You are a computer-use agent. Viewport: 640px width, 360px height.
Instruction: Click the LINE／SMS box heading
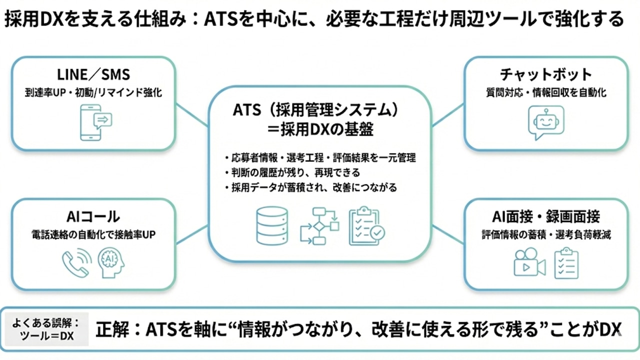pos(94,75)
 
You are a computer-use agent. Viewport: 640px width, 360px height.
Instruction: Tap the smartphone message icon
pos(96,122)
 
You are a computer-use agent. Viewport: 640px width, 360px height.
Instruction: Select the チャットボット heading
pos(545,75)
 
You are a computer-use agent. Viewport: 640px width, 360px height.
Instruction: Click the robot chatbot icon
pos(545,122)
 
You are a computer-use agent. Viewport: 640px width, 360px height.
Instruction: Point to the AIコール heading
pos(93,216)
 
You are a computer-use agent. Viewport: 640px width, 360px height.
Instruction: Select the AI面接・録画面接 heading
pos(545,216)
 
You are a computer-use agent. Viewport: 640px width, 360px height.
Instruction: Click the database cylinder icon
pos(271,225)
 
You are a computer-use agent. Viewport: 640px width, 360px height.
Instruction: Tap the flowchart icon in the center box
pos(319,226)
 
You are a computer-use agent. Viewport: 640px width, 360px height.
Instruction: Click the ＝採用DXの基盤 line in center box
pos(320,129)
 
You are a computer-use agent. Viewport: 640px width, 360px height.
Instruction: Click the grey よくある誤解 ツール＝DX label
pos(49,329)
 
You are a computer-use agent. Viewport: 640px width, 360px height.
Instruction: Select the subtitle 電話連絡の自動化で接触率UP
pos(93,234)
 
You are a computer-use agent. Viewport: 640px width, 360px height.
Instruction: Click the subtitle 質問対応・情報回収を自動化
pos(545,92)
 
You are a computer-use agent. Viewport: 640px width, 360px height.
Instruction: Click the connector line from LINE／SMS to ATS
pos(192,116)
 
